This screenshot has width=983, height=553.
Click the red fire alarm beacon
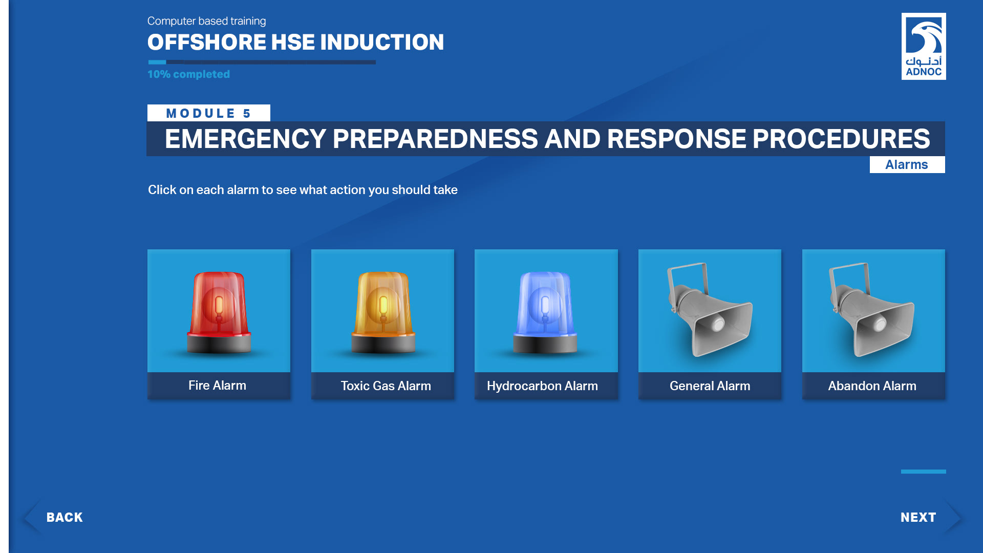pos(219,312)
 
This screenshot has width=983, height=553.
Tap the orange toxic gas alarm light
pos(383,312)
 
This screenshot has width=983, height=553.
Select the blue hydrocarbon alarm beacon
pos(545,312)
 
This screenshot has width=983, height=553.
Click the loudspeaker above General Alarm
pos(710,310)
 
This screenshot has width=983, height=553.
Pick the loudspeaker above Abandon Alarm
pos(872,310)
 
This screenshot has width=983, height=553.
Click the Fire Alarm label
pos(217,386)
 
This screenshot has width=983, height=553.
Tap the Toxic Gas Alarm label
pos(386,386)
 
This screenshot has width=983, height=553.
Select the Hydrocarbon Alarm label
pos(542,386)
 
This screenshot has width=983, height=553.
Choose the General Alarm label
pos(710,386)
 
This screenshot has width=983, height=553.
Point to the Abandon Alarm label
pos(872,386)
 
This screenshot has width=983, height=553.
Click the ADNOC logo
pos(924,46)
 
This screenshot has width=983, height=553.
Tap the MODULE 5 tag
pos(208,113)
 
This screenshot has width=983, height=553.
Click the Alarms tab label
pos(907,165)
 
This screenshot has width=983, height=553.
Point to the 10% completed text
pos(188,74)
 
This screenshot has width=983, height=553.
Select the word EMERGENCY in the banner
pos(246,139)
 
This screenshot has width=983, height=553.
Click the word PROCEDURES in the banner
pos(841,139)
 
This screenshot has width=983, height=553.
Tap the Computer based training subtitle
pos(206,21)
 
